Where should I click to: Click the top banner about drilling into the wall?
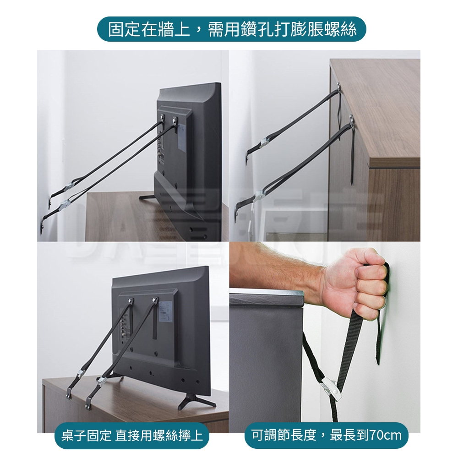click(x=231, y=29)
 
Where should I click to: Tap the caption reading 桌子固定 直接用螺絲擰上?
click(x=132, y=436)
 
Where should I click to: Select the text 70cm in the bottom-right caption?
click(x=386, y=436)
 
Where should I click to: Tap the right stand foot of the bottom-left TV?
click(x=190, y=402)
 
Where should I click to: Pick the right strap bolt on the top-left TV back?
click(x=174, y=120)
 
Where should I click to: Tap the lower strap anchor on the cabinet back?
click(x=351, y=120)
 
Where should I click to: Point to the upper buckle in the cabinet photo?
click(x=264, y=142)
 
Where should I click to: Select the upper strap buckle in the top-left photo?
click(x=70, y=186)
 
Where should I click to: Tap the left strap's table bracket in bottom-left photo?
click(x=69, y=395)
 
